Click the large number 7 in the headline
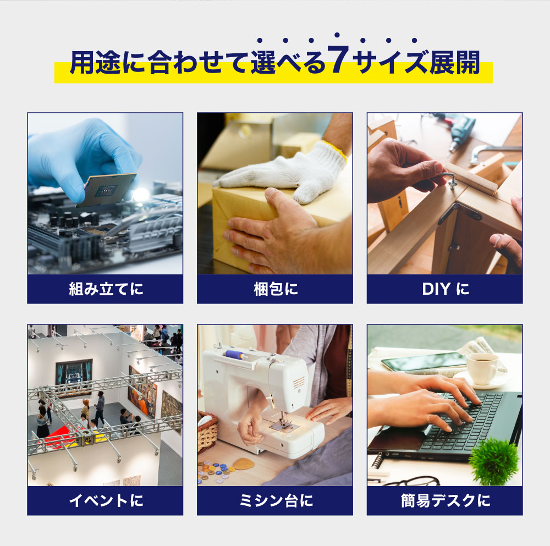tap(338, 59)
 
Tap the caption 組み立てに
tap(106, 289)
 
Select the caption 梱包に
tap(276, 289)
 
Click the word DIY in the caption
tap(436, 289)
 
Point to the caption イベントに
tap(106, 500)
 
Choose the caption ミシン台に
tap(276, 500)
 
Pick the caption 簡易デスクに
tap(446, 500)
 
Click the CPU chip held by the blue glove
tap(106, 189)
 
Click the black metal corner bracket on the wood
tap(459, 212)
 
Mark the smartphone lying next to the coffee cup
tap(424, 362)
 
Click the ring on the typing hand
tap(429, 418)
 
